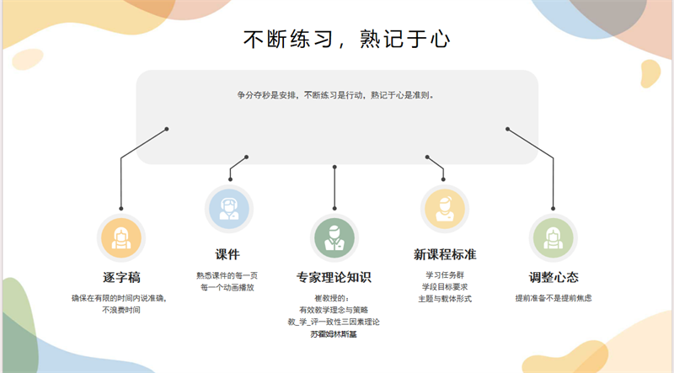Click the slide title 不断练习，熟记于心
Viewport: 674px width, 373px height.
tap(346, 39)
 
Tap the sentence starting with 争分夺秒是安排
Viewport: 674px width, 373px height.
tap(335, 95)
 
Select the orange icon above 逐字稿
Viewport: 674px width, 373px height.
tap(121, 237)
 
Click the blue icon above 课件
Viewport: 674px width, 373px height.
tap(229, 209)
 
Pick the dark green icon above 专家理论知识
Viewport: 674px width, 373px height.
tap(334, 237)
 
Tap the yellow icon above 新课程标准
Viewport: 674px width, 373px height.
tap(445, 209)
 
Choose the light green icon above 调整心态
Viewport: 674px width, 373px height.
tap(554, 237)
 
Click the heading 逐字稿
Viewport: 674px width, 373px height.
tap(121, 277)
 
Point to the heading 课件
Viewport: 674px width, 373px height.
tap(227, 254)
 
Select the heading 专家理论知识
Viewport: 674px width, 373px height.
tap(334, 277)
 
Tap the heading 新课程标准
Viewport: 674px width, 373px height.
tap(445, 254)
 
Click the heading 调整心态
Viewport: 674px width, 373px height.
tap(554, 277)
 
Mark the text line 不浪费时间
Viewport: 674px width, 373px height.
tap(121, 310)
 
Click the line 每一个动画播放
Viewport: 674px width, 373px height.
tap(227, 287)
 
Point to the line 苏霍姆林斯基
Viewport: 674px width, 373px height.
tap(334, 334)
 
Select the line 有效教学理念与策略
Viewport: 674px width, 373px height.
tap(334, 310)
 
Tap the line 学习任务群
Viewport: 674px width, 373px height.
tap(445, 274)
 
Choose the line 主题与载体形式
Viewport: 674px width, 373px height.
tap(445, 299)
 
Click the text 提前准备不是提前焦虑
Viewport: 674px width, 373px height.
tap(554, 298)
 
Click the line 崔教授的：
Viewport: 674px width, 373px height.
tap(332, 298)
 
